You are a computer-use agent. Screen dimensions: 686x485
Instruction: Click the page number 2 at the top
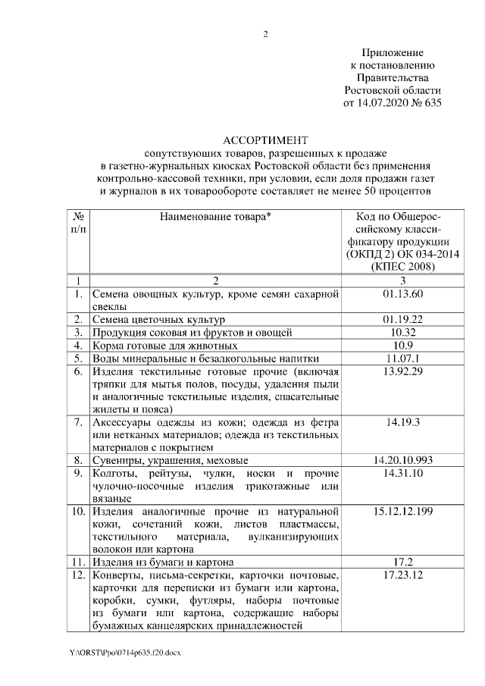(x=265, y=34)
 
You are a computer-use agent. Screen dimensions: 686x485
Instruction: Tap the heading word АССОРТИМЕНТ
(x=265, y=140)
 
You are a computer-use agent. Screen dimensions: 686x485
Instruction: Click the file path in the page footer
(x=126, y=653)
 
